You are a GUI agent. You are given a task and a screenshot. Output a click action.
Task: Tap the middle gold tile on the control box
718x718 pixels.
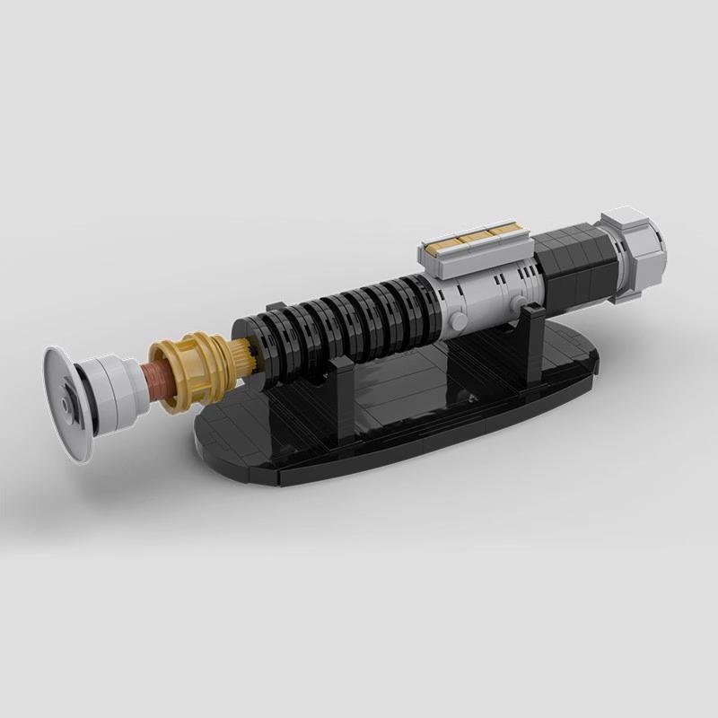(472, 239)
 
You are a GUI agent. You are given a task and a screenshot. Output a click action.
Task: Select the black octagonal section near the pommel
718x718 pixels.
(574, 260)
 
